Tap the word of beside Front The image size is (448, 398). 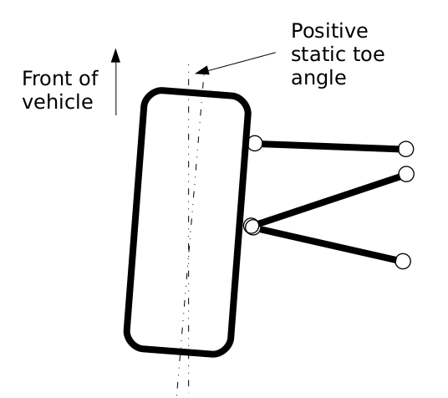[89, 78]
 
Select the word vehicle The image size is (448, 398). [58, 101]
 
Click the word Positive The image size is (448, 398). [329, 31]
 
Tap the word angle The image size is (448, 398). [318, 79]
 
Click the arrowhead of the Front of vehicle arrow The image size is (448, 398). [115, 55]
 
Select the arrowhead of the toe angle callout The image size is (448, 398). [202, 70]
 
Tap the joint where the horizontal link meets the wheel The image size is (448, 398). [255, 143]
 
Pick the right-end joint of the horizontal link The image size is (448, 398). [405, 149]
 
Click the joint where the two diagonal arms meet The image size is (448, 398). [252, 227]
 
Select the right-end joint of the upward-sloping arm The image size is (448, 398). [406, 174]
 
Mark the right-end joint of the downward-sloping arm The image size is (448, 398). [403, 261]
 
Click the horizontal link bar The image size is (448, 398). [330, 146]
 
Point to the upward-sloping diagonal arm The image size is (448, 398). [329, 200]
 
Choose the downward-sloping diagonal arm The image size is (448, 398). [328, 243]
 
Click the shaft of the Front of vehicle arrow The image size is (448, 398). [115, 89]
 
